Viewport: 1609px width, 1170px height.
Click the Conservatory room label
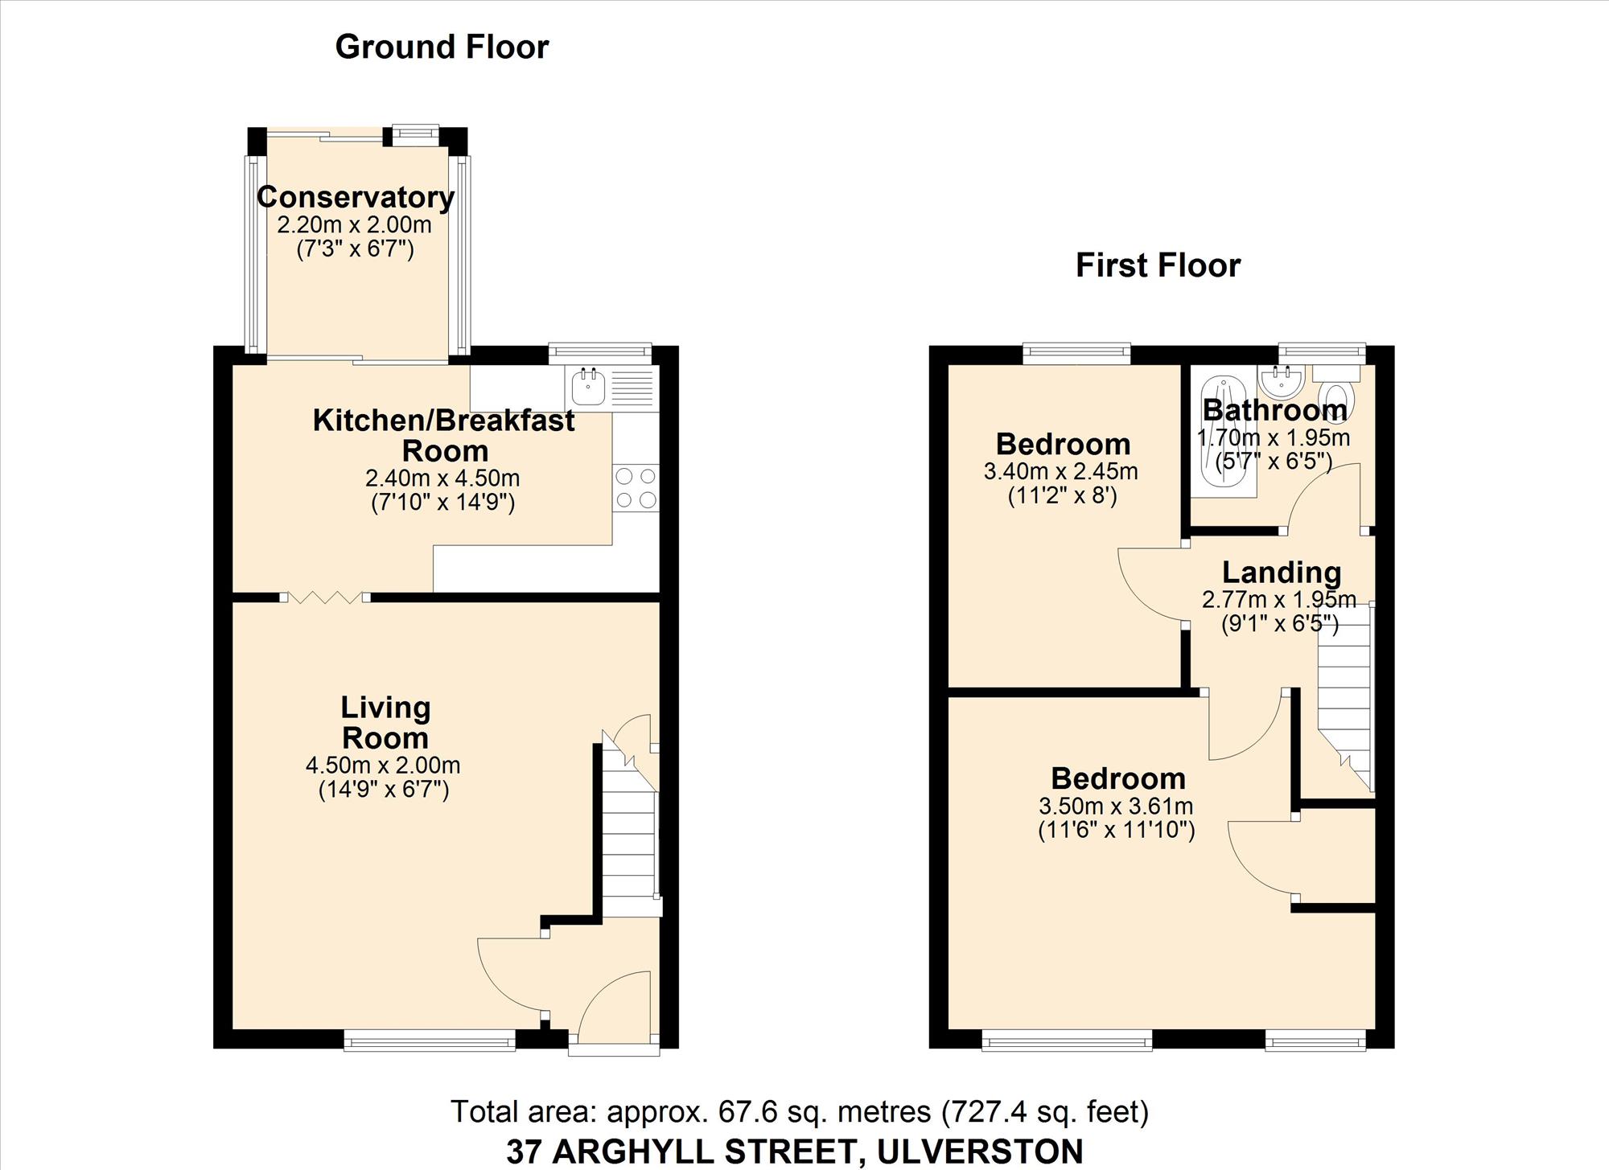(x=356, y=197)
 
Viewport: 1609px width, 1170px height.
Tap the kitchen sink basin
(x=588, y=387)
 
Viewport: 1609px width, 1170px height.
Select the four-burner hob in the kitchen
(x=636, y=488)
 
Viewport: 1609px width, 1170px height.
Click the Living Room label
(x=385, y=722)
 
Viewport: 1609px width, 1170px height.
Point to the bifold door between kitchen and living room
(x=325, y=597)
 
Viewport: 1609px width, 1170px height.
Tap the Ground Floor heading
(x=442, y=47)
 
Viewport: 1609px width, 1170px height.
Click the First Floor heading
(x=1158, y=265)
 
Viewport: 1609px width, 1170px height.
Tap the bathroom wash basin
(x=1282, y=381)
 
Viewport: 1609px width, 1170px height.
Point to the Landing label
(x=1282, y=573)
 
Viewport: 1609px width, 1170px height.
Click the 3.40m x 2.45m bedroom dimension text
(x=1061, y=471)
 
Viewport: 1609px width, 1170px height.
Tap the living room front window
(x=430, y=1041)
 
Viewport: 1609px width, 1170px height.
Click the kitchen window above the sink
(x=600, y=351)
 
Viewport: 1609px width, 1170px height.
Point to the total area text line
(x=800, y=1111)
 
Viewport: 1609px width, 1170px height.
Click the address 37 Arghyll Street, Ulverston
(x=794, y=1152)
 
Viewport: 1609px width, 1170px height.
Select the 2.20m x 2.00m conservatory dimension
(x=354, y=225)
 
